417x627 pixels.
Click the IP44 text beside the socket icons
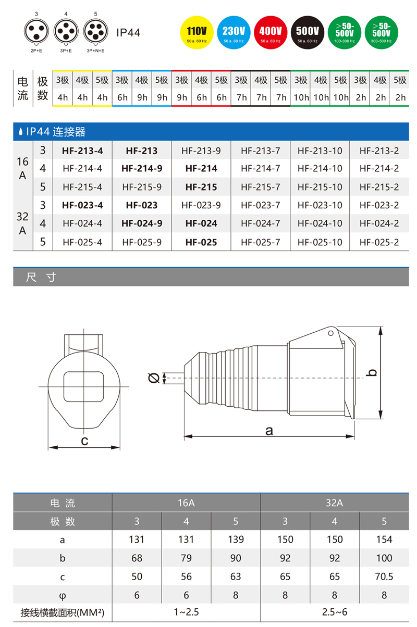click(x=128, y=33)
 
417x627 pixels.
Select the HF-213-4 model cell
click(x=82, y=151)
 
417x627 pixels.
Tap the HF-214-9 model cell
click(x=142, y=169)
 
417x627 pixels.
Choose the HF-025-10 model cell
click(x=320, y=242)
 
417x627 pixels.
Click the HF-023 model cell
click(x=142, y=205)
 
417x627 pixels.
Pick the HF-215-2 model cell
click(x=379, y=187)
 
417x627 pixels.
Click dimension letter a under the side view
click(x=269, y=431)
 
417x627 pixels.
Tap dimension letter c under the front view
click(x=84, y=442)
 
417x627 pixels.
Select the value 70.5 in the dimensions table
click(x=384, y=576)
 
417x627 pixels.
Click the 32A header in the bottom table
click(x=334, y=503)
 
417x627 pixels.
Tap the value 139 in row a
click(x=236, y=540)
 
